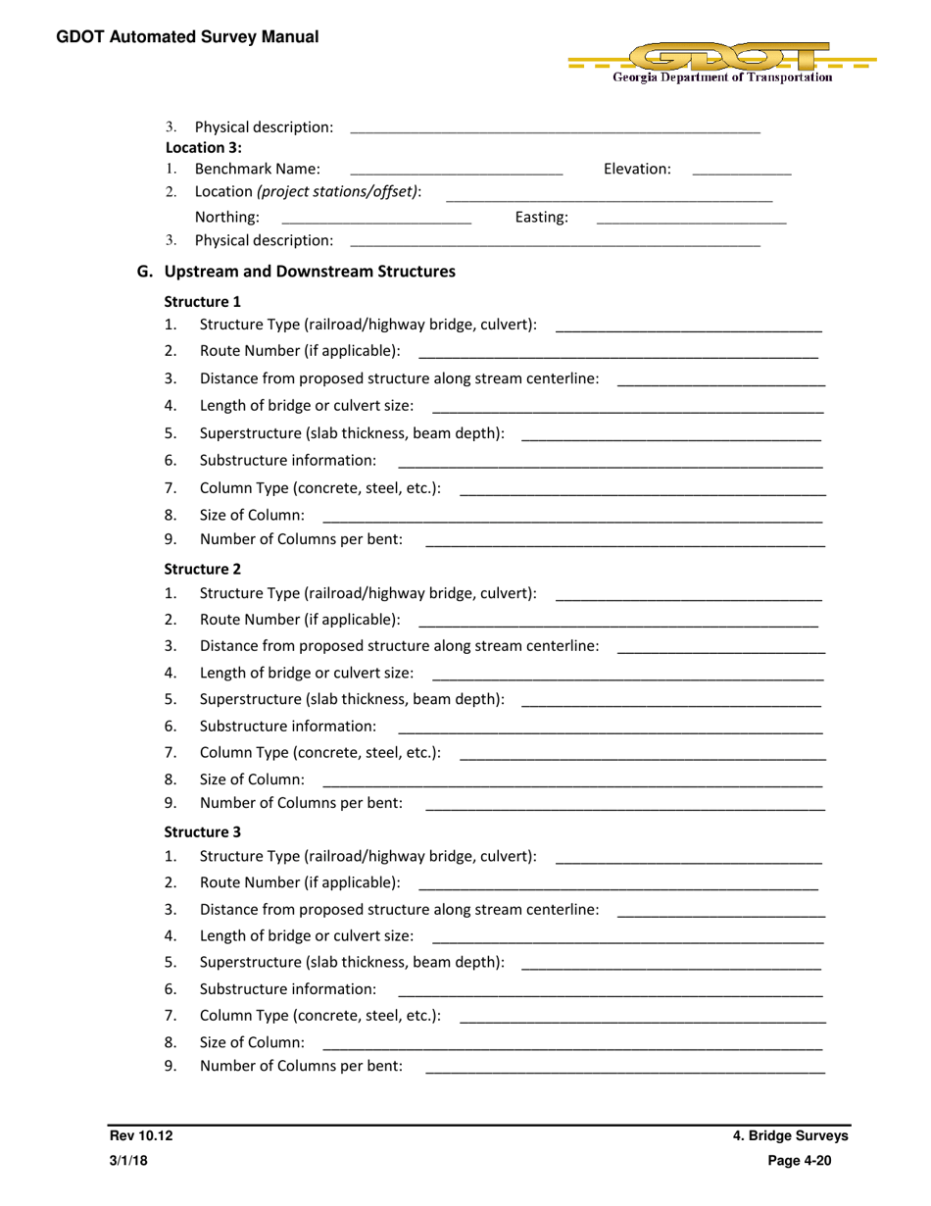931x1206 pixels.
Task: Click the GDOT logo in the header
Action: pyautogui.click(x=722, y=62)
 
